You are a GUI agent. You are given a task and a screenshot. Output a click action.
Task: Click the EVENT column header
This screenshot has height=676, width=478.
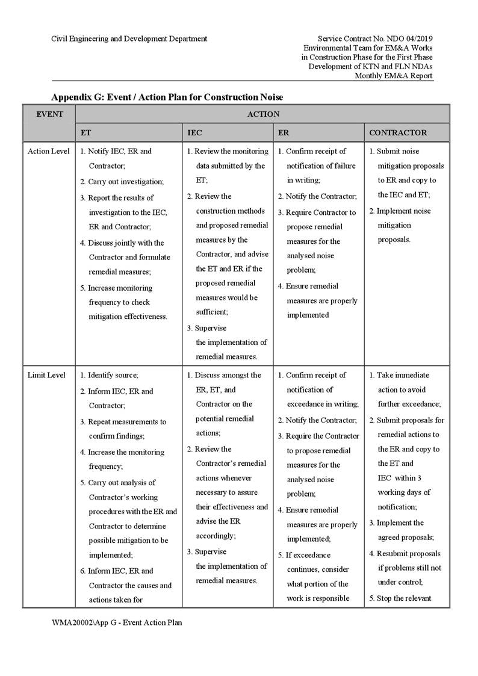pos(49,114)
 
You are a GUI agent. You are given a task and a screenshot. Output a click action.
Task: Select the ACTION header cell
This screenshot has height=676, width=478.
pos(263,114)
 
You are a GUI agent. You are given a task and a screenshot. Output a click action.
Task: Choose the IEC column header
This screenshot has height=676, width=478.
pos(194,132)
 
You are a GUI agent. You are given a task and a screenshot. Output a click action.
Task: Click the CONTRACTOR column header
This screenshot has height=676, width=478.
pos(398,132)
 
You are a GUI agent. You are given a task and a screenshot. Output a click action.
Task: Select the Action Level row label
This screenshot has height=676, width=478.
pos(49,151)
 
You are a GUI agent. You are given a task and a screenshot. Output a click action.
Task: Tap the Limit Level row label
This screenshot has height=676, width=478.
pos(47,375)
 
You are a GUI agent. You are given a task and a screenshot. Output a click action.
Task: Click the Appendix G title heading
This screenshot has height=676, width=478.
pos(167,97)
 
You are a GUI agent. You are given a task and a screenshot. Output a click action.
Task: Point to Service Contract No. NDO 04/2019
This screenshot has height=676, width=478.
pos(375,39)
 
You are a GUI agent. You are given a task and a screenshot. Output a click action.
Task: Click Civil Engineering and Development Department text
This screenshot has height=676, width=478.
pos(129,39)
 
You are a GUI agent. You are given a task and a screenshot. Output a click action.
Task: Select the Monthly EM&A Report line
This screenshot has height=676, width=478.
pos(393,76)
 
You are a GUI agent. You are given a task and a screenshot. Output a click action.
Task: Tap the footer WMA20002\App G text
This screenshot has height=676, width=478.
pos(117,622)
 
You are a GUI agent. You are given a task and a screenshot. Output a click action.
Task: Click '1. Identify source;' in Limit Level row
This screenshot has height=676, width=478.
pos(109,375)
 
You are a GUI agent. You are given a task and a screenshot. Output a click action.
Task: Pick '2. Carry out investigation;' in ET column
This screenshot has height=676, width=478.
pos(122,181)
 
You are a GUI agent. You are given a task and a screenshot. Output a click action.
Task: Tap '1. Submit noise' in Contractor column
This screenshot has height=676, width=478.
pos(394,151)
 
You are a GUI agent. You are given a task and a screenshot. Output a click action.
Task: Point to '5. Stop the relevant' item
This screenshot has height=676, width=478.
pos(400,598)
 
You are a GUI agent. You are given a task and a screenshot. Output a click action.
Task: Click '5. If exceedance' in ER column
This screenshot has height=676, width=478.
pos(304,555)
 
